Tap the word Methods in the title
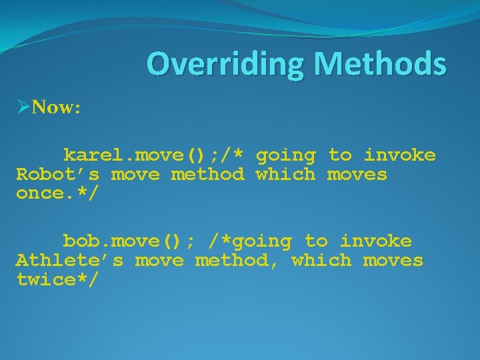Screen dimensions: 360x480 380,65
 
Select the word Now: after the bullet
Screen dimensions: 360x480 56,107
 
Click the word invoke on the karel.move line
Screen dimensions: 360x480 399,156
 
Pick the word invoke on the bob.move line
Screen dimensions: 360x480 375,241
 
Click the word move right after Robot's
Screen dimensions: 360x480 135,175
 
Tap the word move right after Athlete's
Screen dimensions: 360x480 159,261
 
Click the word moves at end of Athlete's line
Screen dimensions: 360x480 393,261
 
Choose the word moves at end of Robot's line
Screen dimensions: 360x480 357,175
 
